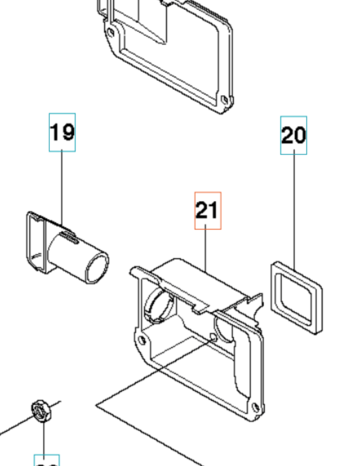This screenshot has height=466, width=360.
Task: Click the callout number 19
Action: click(62, 132)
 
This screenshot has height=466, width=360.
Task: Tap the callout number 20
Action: click(293, 135)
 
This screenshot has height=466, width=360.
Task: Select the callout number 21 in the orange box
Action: click(208, 210)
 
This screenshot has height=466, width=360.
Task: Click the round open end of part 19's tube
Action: click(97, 267)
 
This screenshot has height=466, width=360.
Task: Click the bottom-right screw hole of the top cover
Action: click(224, 99)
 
